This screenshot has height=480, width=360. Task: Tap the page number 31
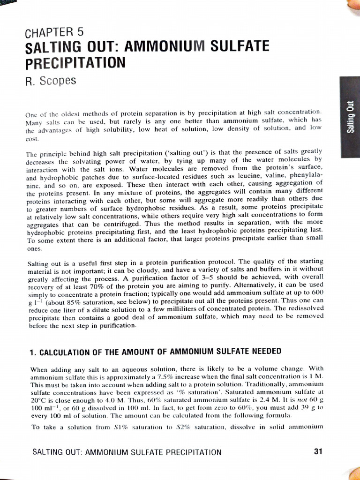318,452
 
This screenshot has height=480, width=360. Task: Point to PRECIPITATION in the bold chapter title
76,62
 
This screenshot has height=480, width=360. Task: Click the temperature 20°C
38,399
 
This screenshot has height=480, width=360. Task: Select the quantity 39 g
307,407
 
